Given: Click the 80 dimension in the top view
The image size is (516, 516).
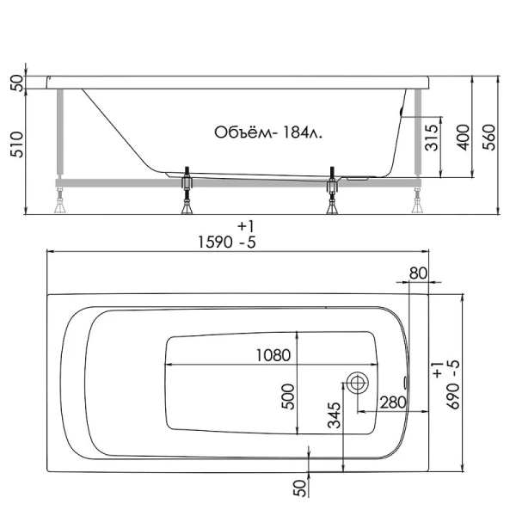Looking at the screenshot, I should click(x=417, y=273).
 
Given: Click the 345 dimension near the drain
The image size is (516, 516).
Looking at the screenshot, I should click(x=335, y=415).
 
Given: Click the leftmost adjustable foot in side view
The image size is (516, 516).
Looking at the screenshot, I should click(x=62, y=201).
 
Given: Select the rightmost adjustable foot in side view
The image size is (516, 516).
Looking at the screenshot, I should click(x=416, y=201).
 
